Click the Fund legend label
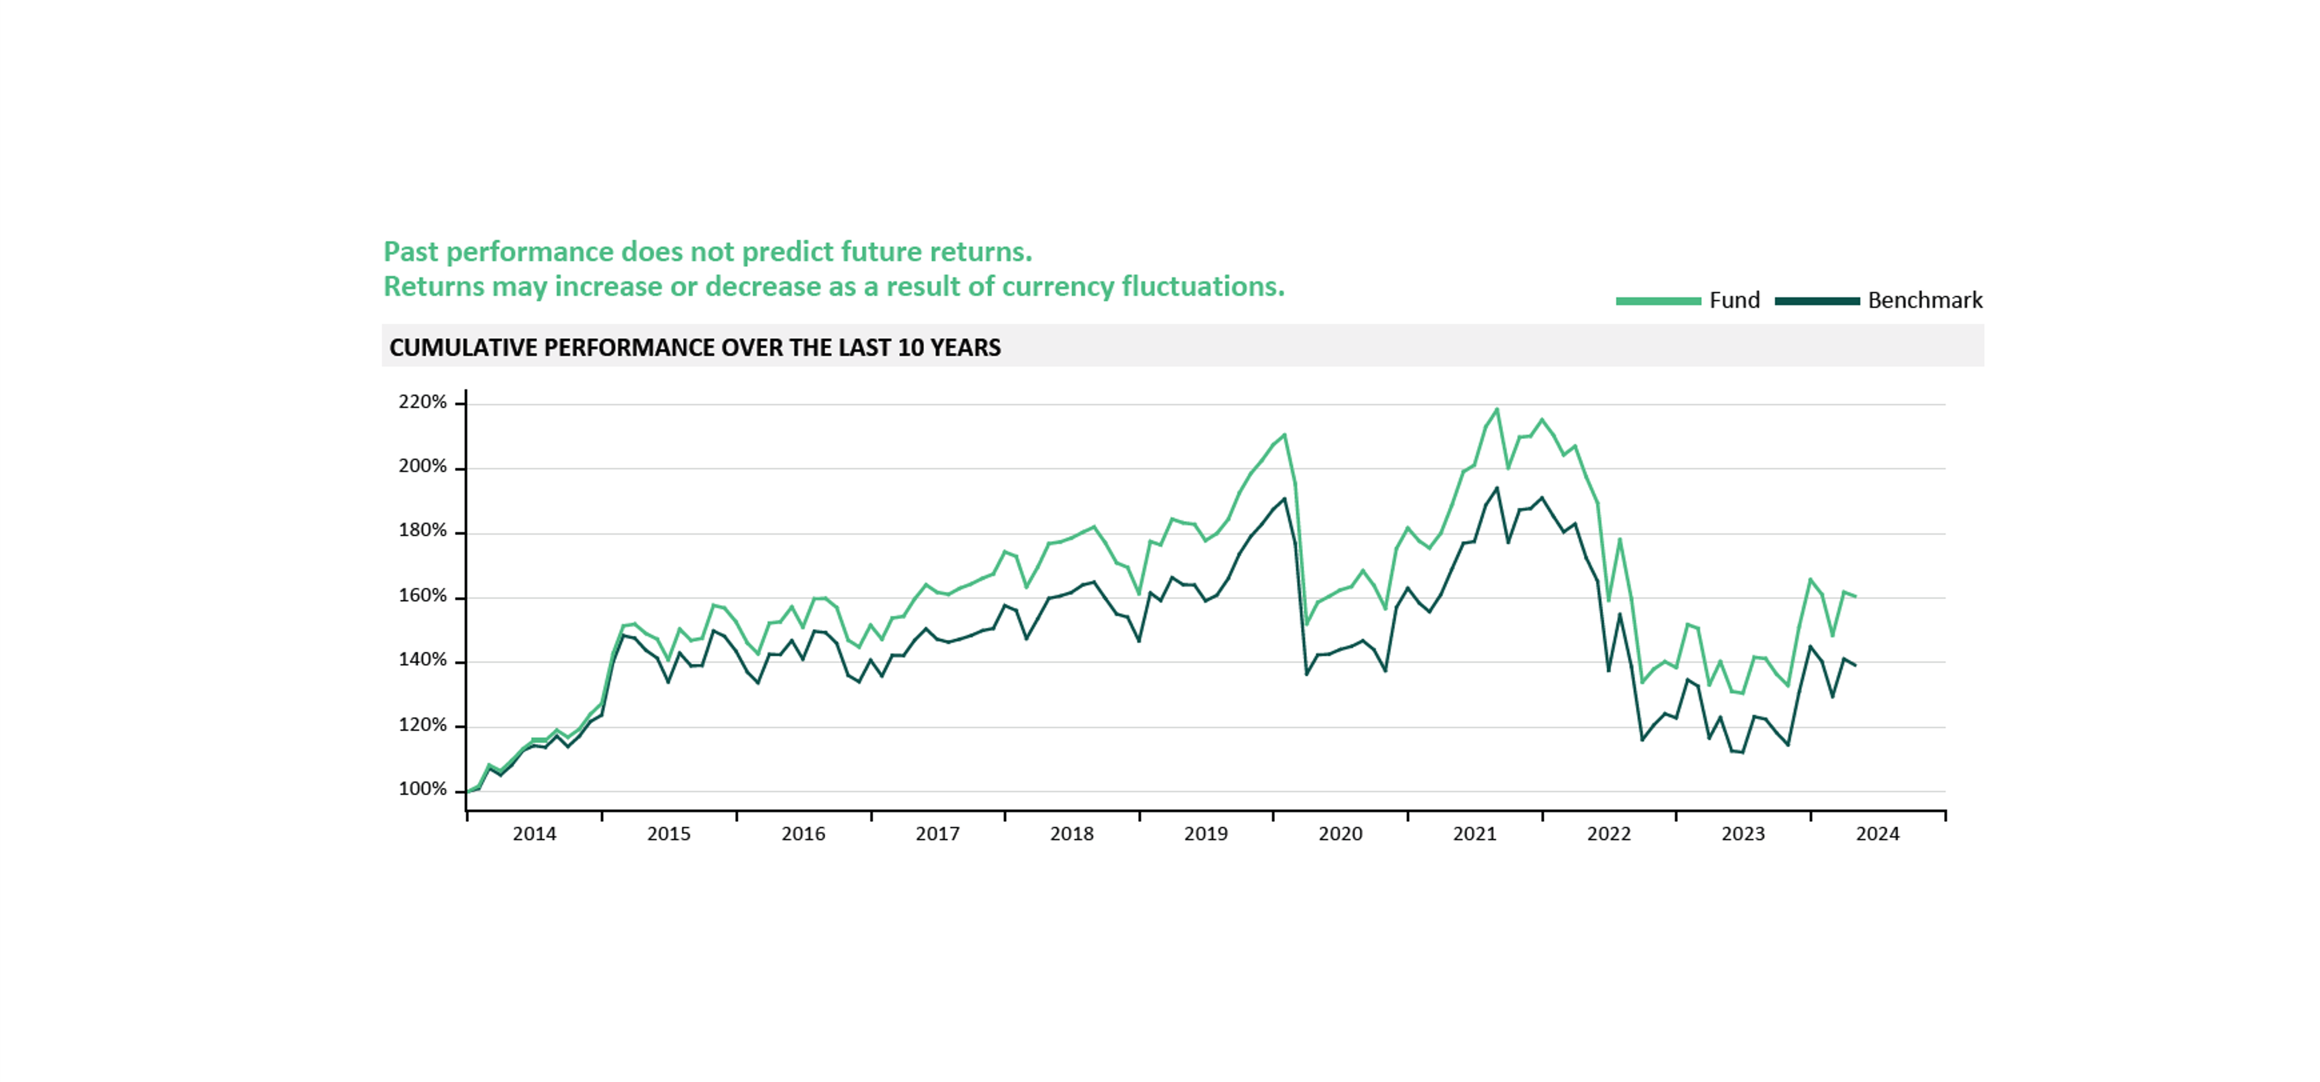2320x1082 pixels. (x=1734, y=301)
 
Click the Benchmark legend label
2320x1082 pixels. (x=1925, y=301)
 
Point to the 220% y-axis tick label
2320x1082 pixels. (x=422, y=402)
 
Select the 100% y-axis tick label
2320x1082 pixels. (x=422, y=789)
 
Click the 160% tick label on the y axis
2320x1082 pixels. (x=422, y=596)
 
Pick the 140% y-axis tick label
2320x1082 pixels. (x=422, y=660)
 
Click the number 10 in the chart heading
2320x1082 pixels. (x=909, y=348)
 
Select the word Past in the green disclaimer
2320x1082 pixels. (x=412, y=252)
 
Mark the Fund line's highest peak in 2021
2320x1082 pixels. (x=1497, y=410)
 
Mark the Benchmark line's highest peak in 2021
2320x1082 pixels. (x=1497, y=489)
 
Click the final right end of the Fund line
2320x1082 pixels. (x=1856, y=596)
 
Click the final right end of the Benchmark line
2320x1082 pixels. (x=1856, y=665)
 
